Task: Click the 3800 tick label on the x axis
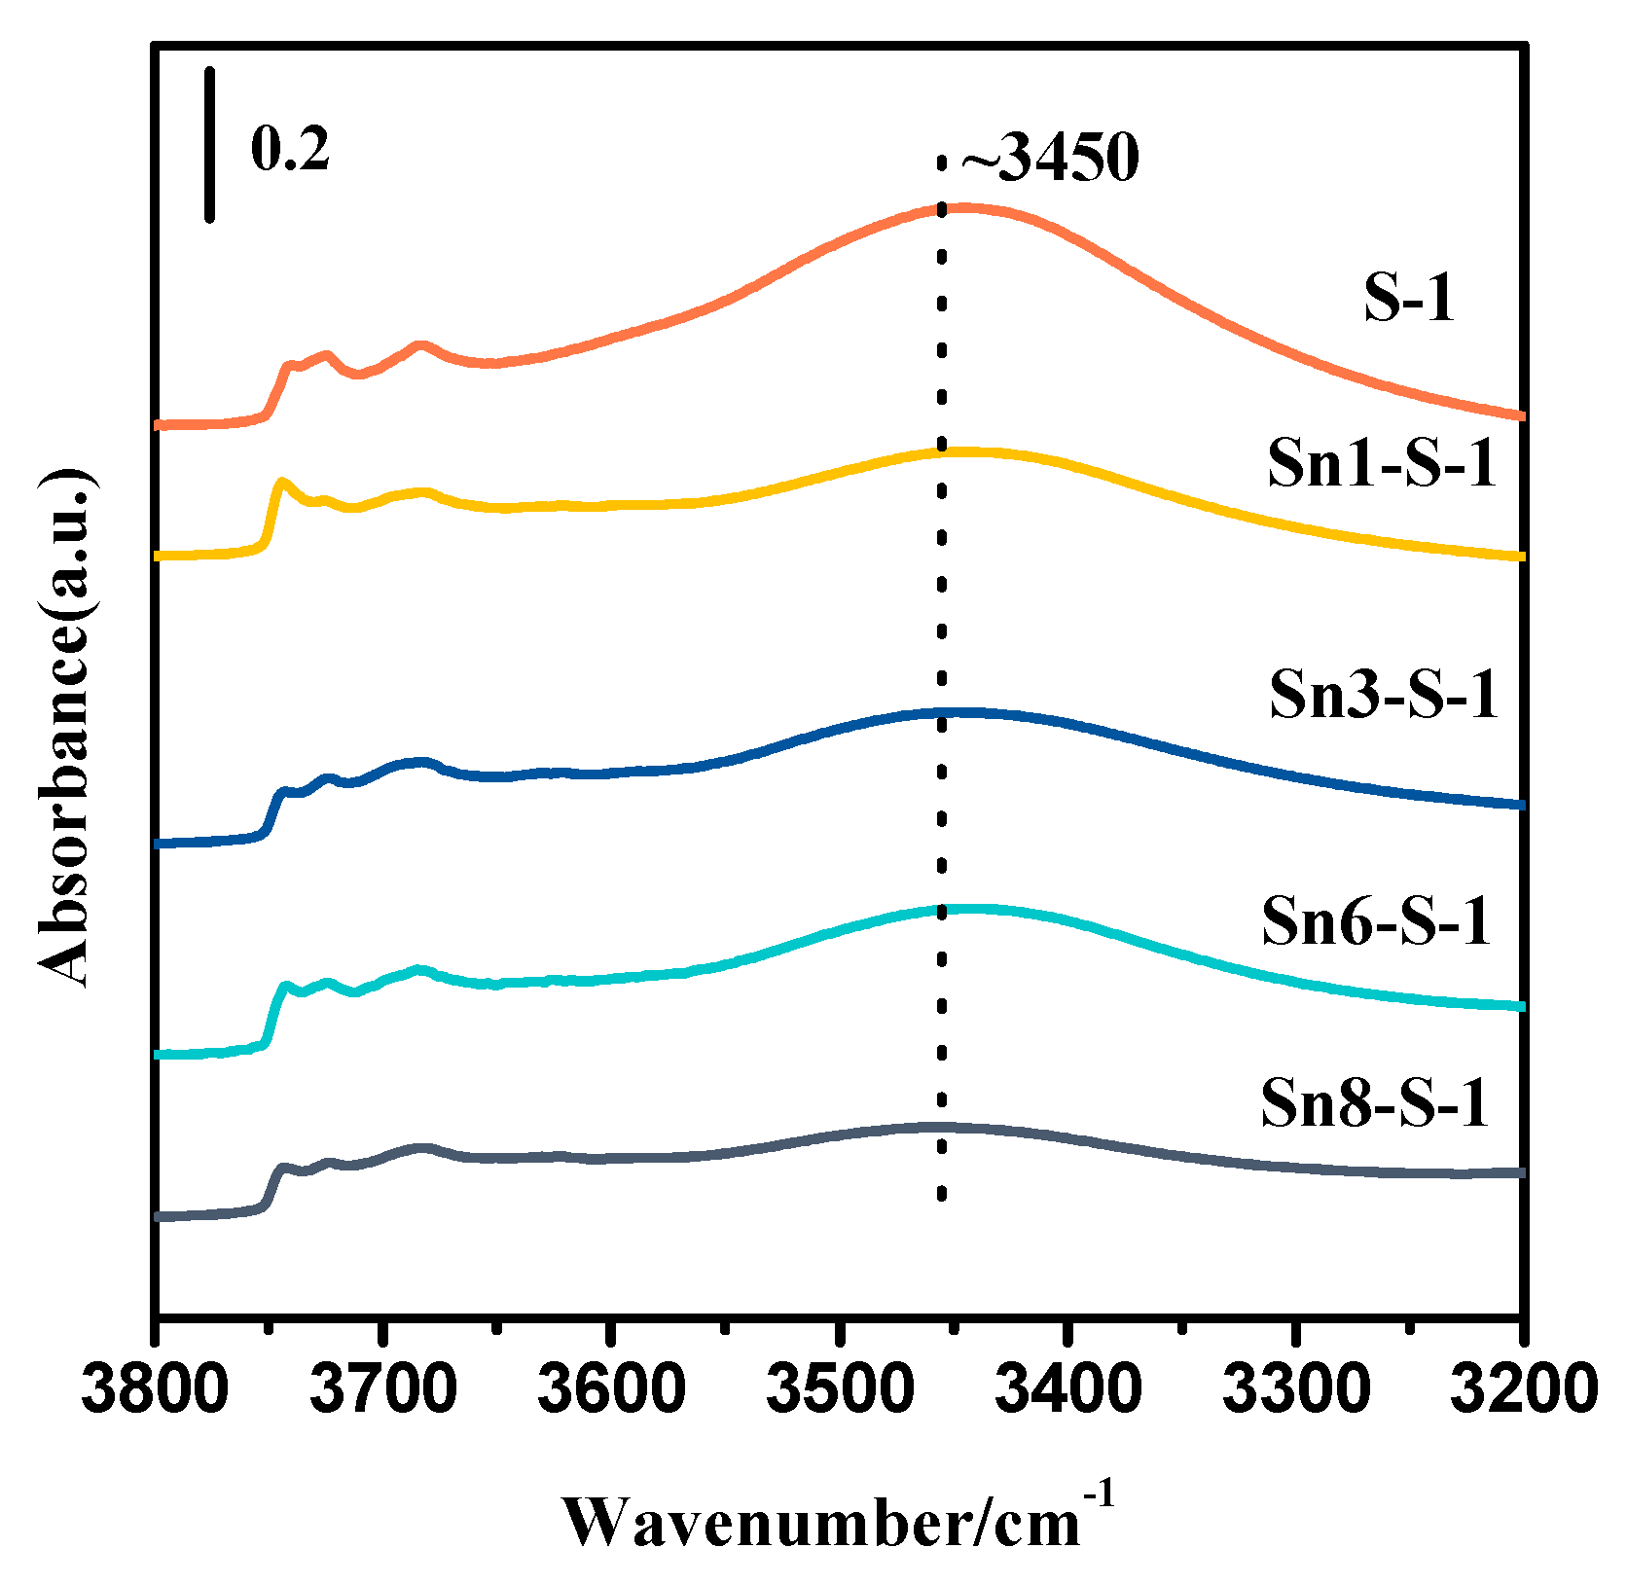tap(156, 1389)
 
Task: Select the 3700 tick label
tap(384, 1389)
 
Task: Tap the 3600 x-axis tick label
tap(611, 1389)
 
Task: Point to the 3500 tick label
tap(839, 1389)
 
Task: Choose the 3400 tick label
tap(1068, 1389)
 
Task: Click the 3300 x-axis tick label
tap(1296, 1389)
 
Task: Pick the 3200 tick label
tap(1523, 1389)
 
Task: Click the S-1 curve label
tap(1408, 298)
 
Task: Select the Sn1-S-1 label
tap(1381, 463)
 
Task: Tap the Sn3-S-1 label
tap(1383, 695)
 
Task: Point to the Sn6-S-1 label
tap(1376, 920)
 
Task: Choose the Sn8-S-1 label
tap(1374, 1103)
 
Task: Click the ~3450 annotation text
tap(1049, 158)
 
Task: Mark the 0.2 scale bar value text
tap(290, 150)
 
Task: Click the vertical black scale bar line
tap(209, 144)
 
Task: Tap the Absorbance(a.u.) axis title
tap(66, 728)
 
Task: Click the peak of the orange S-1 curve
tap(958, 207)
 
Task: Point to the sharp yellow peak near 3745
tap(282, 482)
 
